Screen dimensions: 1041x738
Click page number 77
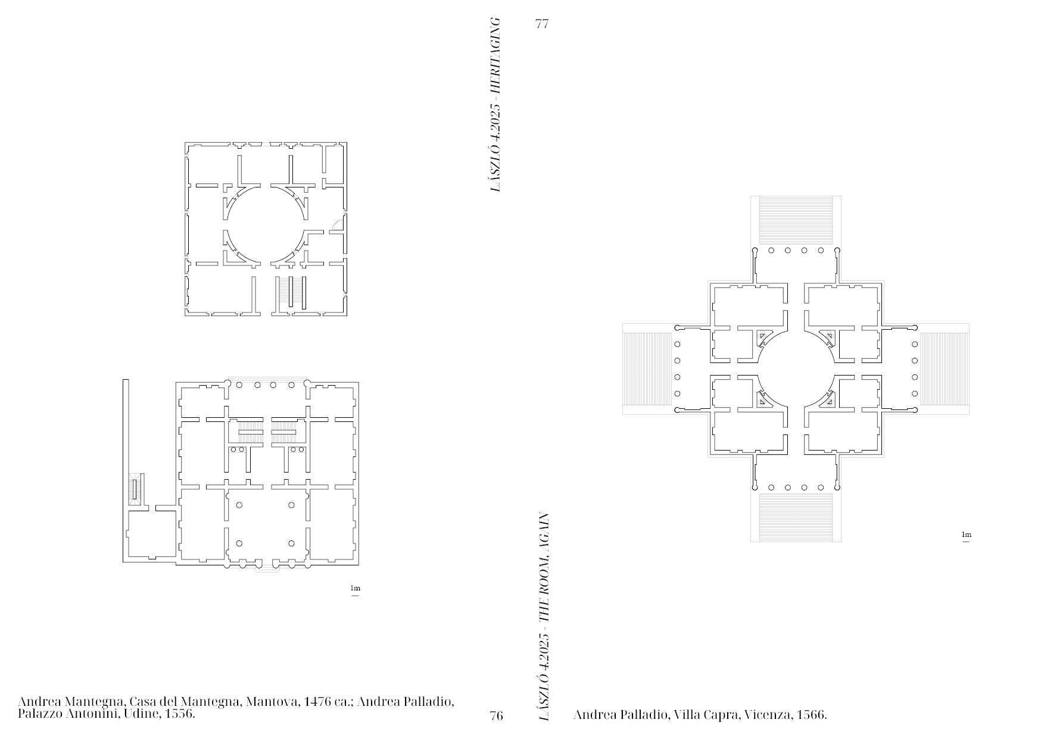[x=542, y=24]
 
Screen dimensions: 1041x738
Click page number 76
[x=496, y=715]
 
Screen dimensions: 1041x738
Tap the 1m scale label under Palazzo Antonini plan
[x=355, y=589]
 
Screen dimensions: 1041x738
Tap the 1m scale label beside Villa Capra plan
[x=967, y=535]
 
